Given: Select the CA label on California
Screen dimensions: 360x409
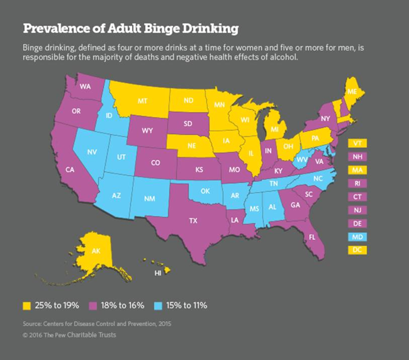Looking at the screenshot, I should tap(70, 169).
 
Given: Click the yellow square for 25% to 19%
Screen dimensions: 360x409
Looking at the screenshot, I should tap(26, 305).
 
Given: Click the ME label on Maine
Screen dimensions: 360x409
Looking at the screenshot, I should tap(352, 91).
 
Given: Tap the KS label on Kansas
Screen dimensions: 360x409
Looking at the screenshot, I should tap(198, 170).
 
